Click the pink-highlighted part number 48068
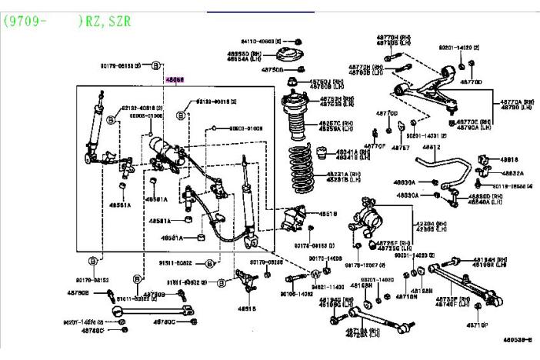tap(175, 79)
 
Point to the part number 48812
tap(431, 146)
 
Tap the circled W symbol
tap(315, 274)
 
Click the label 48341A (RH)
tap(338, 152)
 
